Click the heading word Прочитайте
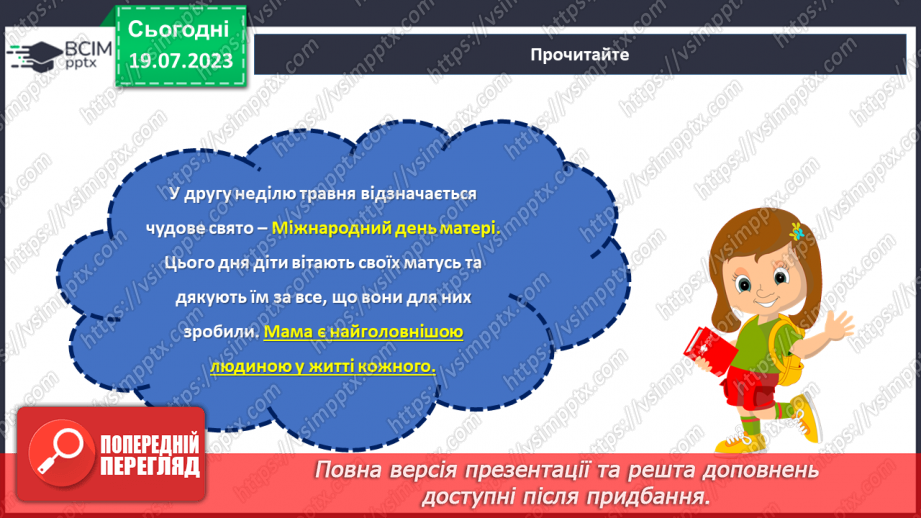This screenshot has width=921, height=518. point(580,55)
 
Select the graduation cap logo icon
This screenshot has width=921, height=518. point(31,55)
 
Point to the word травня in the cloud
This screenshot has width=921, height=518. point(309,194)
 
